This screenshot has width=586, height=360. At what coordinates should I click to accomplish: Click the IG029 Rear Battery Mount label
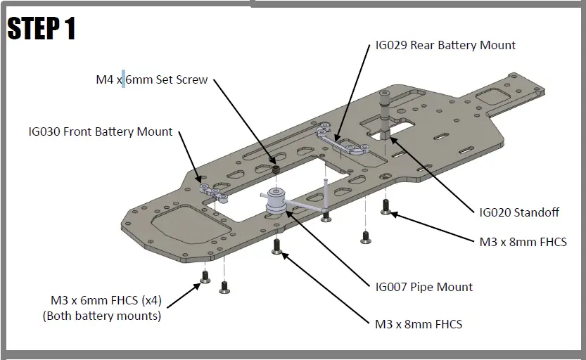(445, 46)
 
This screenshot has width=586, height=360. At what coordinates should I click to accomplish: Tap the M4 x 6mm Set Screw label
(152, 79)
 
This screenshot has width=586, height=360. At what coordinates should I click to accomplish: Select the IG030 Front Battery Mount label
(101, 131)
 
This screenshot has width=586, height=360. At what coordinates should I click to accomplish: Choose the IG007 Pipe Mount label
(424, 287)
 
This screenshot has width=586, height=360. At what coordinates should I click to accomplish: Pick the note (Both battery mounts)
(101, 316)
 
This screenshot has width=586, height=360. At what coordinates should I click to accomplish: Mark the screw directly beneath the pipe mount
(277, 246)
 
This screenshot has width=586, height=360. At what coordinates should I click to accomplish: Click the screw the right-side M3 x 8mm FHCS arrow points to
(386, 206)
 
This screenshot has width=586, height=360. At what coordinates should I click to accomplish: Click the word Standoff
(540, 212)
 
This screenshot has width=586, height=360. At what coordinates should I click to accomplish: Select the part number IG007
(392, 287)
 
